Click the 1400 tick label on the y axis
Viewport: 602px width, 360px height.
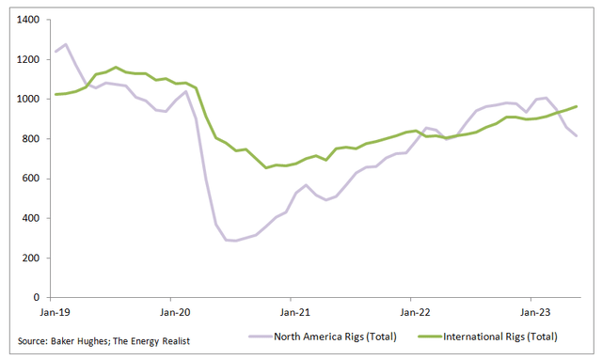point(26,20)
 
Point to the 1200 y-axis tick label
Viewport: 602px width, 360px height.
point(26,59)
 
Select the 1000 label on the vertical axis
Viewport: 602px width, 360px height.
point(26,99)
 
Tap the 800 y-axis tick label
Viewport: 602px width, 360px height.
point(29,139)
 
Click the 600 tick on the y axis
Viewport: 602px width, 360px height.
point(29,179)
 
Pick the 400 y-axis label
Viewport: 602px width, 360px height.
point(29,218)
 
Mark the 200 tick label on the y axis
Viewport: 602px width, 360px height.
point(29,258)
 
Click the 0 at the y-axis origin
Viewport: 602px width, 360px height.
point(35,297)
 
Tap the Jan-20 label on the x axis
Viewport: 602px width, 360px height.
point(174,310)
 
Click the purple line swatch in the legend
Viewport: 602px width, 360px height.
point(261,337)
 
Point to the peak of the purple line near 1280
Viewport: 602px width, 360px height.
point(65,44)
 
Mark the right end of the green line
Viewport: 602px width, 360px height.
point(576,106)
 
